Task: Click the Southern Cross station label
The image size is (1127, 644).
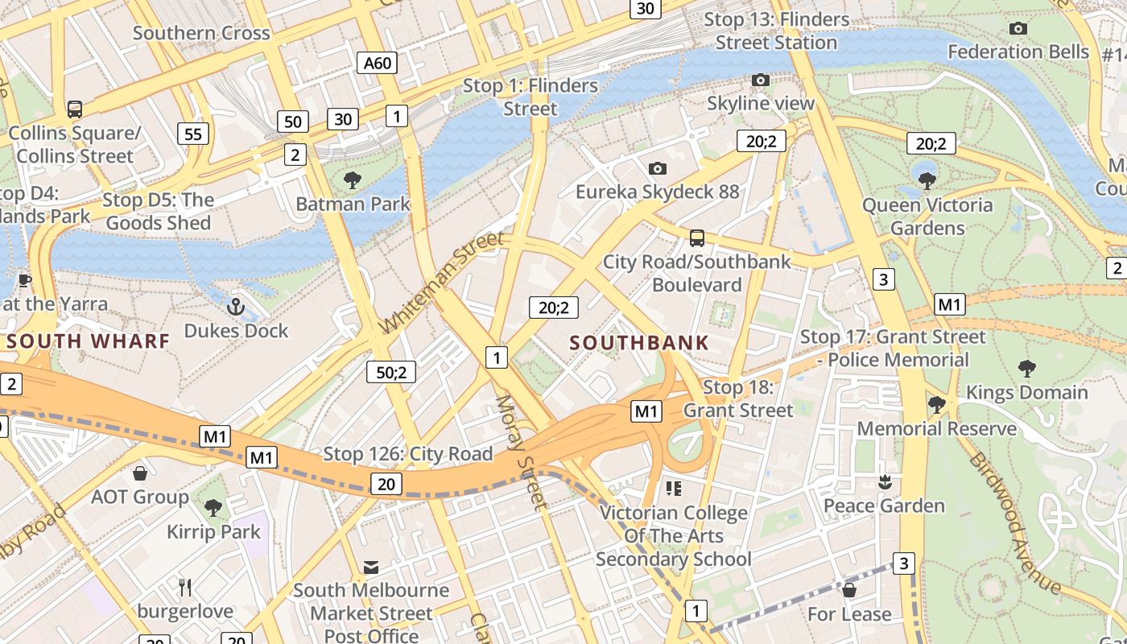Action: point(201,33)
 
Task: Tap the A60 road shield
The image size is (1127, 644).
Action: point(378,63)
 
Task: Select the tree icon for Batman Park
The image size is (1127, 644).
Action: point(352,180)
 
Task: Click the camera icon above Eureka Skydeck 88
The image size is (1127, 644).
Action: point(658,168)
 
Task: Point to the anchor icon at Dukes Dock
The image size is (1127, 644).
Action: point(236,307)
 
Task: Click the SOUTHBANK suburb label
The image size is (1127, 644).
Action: point(639,343)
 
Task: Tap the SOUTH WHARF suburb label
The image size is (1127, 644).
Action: point(89,341)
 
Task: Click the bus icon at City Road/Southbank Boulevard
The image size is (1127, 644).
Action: point(697,238)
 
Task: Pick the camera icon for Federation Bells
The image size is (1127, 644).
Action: point(1018,29)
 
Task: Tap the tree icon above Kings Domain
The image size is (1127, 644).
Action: point(1026,369)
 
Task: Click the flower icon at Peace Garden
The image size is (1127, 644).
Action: point(885,482)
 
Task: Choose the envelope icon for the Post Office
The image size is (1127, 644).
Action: point(371,568)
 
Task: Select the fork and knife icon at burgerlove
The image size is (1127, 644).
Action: point(185,588)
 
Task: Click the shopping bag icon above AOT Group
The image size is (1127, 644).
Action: point(140,473)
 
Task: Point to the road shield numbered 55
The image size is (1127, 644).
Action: point(193,134)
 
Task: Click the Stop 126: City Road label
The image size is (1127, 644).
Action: point(407,454)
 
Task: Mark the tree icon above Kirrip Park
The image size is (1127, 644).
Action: point(213,508)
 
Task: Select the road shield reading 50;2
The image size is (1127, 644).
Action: point(391,372)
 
